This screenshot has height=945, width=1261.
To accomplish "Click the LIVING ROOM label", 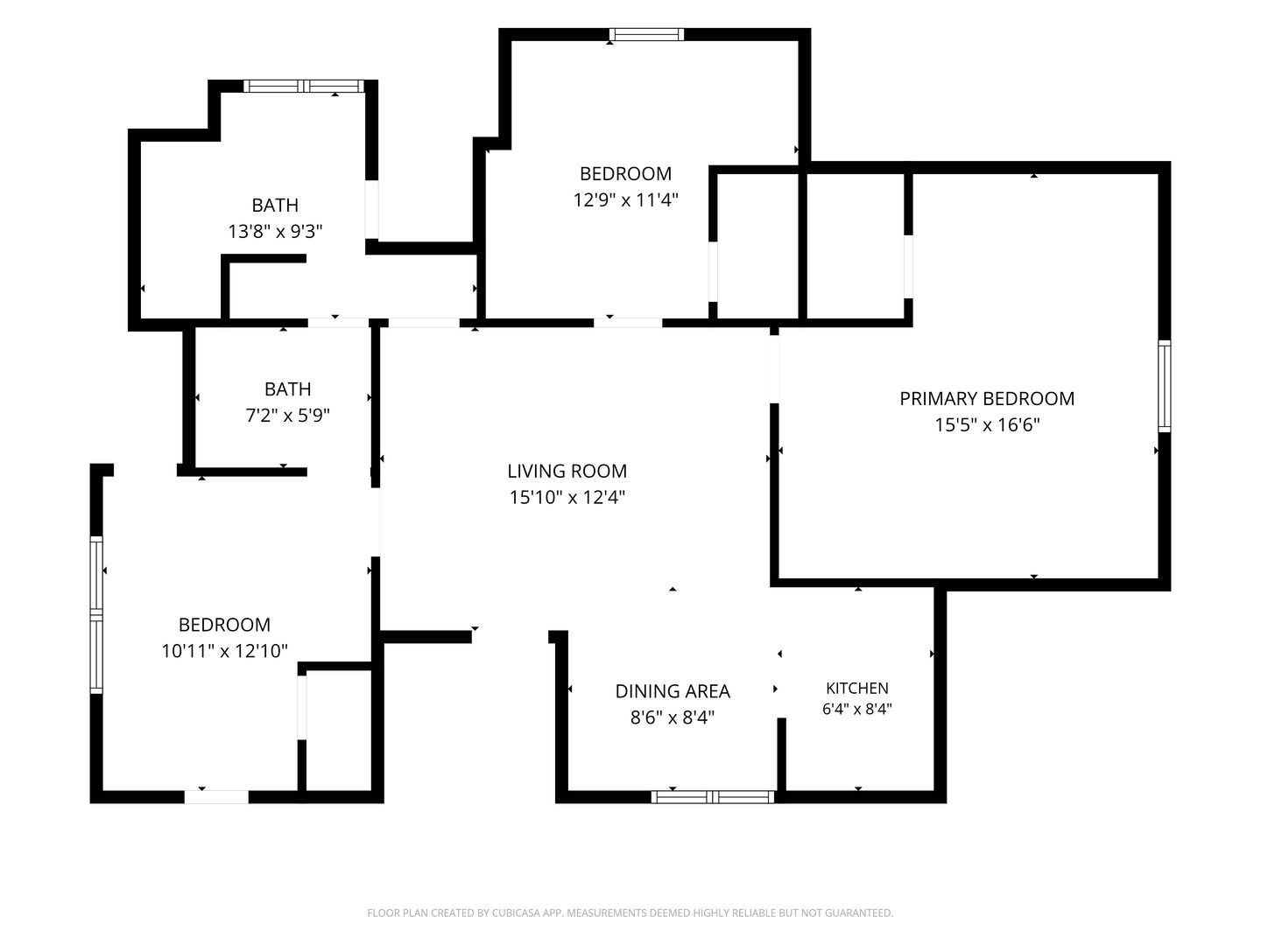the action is pos(567,471).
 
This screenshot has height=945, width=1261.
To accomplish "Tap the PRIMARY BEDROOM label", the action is pos(986,399).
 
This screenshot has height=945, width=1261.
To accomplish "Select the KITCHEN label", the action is pos(857,688).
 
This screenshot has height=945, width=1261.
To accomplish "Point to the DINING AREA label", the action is pos(673,691).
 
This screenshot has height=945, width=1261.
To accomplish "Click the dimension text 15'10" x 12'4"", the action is pos(567,497).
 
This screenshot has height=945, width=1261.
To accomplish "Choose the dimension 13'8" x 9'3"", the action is pos(275,231).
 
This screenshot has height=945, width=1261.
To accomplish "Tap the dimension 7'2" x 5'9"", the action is pos(287,415).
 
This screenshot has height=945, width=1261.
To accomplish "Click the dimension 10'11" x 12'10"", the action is pos(224,651).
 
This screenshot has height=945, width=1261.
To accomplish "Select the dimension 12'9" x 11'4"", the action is pos(625,199).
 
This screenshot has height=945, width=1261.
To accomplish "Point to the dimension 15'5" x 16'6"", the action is pos(987,424).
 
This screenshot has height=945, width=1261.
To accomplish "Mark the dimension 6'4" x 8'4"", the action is pos(856,709).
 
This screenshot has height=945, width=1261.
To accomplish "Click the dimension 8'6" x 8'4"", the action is pos(673,717).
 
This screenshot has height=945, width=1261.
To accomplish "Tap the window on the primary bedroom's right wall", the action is pos(1164,386).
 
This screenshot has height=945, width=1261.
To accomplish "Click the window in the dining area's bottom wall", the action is pos(712,796).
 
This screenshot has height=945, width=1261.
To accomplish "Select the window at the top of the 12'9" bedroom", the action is pos(647,34).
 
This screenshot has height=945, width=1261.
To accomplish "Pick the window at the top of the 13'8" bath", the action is pos(304,86).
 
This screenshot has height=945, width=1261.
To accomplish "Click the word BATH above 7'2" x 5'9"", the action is pos(287,389).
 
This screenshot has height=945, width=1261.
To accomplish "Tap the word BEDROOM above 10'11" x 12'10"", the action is pos(224,625).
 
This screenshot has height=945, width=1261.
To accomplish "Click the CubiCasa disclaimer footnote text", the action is pos(630,913).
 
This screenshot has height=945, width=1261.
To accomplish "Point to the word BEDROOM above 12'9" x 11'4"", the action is pos(625,174).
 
